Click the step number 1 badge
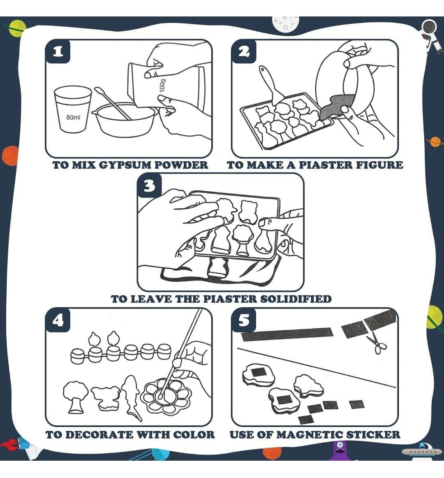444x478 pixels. coord(58,52)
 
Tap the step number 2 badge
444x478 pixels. coord(244,52)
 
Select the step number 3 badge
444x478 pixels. coord(149,186)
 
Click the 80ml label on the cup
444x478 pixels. coord(73,118)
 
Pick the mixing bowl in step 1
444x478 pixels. coord(125,119)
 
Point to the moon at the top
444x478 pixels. coord(285,23)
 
